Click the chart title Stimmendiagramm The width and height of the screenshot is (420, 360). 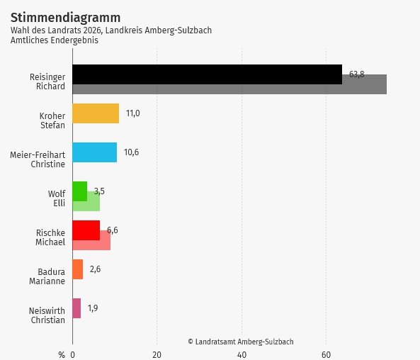[65, 17]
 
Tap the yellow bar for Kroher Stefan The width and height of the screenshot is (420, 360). [96, 113]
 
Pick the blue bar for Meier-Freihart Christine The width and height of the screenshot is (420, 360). [94, 152]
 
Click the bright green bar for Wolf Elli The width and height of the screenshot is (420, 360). [79, 191]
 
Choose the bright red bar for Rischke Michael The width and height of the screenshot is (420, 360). [86, 230]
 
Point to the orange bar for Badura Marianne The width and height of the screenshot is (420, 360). [77, 269]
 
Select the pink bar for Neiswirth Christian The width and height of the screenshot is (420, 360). [76, 308]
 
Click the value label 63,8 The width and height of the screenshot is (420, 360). [356, 74]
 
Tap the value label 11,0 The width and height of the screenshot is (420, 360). [132, 113]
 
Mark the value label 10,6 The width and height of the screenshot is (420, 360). [131, 152]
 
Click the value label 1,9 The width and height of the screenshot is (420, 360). [93, 308]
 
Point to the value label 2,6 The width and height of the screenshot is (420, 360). [95, 269]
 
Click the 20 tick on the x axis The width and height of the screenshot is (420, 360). [157, 354]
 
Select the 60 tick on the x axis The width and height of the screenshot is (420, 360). [326, 354]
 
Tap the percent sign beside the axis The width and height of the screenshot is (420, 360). [62, 354]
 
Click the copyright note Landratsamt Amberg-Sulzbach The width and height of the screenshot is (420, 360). [240, 342]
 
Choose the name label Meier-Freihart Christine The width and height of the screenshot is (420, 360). [38, 159]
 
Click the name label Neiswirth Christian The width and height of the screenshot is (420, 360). [47, 315]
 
